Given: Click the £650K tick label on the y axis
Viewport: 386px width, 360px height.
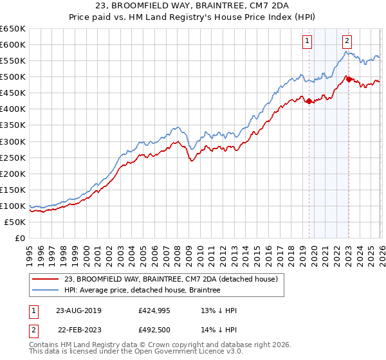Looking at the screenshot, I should [x=13, y=29].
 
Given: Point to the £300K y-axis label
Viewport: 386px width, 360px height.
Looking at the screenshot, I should [x=13, y=141].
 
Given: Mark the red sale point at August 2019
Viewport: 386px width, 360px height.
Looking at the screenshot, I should [x=309, y=101].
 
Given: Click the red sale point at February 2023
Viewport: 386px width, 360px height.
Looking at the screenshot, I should [x=349, y=79].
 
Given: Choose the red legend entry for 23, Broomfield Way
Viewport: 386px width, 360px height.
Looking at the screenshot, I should [x=170, y=279].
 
